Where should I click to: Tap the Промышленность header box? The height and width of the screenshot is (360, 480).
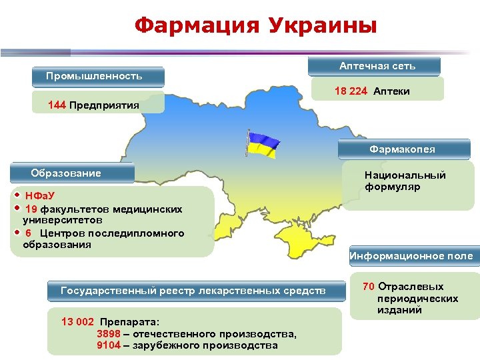coord(99,76)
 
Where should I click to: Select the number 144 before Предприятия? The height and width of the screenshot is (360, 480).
coord(57,105)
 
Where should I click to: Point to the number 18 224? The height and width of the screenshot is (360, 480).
coord(351,91)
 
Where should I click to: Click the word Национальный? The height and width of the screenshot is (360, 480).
coord(405,175)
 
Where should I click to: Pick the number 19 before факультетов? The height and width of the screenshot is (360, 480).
coord(31,209)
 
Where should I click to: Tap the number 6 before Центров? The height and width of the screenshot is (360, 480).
coord(29,233)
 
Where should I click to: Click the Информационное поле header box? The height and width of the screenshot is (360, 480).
coord(411,256)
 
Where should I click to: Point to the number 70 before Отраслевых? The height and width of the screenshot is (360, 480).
coord(369,287)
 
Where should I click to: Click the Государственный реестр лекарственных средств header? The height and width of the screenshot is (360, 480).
coord(194,291)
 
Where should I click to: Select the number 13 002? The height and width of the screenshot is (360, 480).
coord(77,321)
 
